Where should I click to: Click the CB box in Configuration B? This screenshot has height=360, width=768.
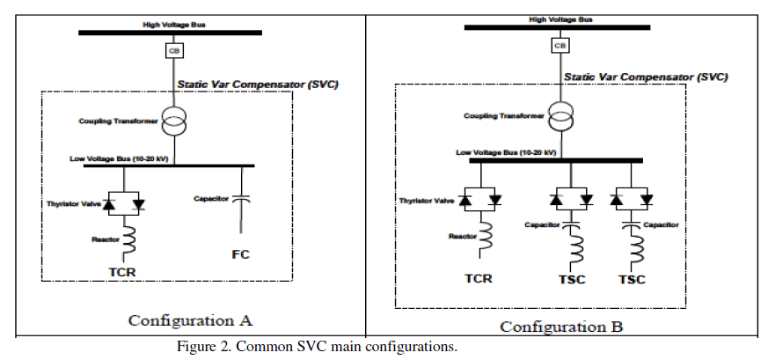(560, 46)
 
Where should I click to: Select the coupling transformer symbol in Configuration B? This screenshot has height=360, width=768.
(560, 117)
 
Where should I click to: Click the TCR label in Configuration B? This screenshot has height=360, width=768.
(478, 278)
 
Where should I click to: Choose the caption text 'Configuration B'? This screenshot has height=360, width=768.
(561, 327)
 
